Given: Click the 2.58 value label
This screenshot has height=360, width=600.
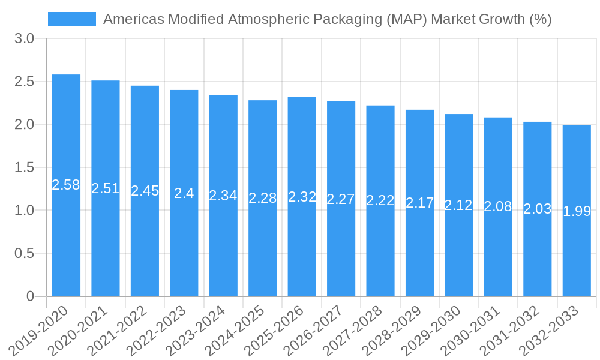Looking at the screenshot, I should point(66,185).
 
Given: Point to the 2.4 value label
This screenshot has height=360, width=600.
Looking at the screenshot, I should point(184,193).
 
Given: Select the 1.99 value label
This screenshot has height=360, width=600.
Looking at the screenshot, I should point(577,211).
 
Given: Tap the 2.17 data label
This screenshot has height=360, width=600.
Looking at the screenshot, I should point(419,203).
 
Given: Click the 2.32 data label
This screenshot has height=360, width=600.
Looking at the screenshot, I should point(302,197).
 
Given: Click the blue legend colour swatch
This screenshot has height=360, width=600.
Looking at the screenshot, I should point(72,19).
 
